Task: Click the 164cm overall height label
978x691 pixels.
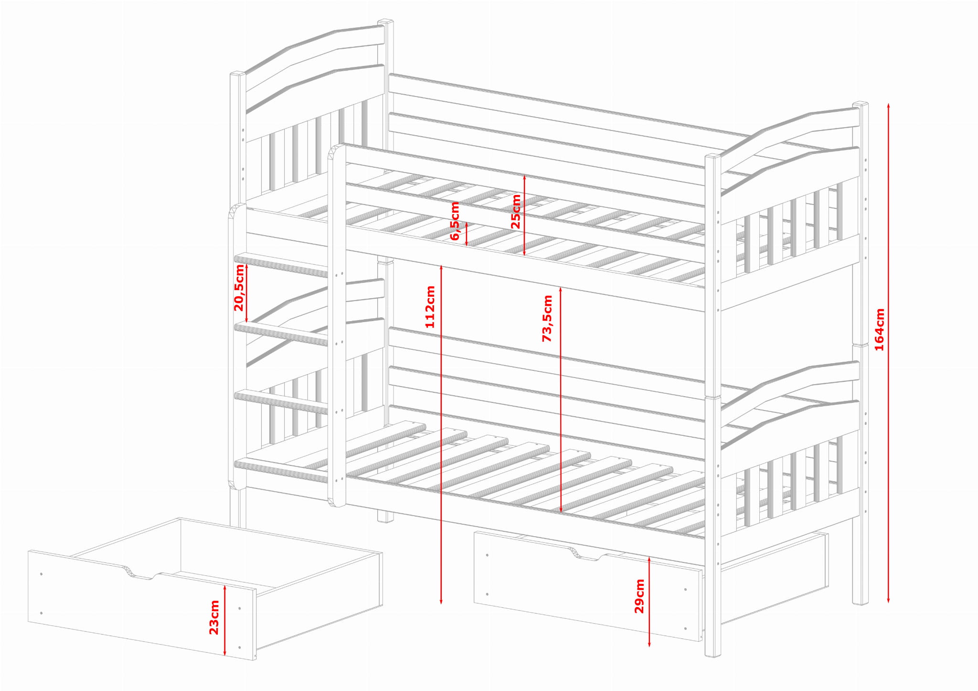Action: click(880, 329)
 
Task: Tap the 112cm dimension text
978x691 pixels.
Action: click(430, 306)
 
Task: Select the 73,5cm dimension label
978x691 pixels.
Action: click(547, 318)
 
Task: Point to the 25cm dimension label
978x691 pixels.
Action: click(516, 212)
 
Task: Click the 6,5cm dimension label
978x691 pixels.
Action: click(455, 221)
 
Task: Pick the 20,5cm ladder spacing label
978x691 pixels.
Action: click(239, 287)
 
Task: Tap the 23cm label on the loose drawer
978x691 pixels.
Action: click(214, 617)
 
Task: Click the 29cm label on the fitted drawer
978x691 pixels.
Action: click(639, 596)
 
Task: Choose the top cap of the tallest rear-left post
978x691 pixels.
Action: click(385, 22)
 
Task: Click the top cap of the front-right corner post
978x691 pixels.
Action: click(713, 156)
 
